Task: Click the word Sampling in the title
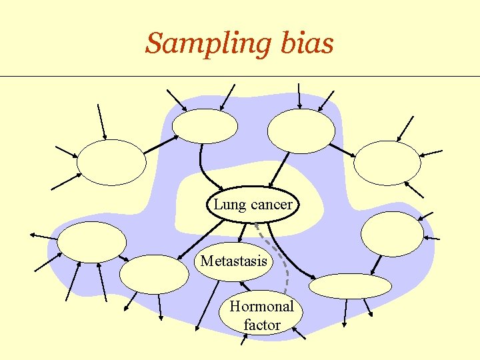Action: pos(209,44)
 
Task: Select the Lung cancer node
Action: pos(253,204)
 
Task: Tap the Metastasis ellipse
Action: pos(233,261)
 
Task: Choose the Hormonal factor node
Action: pos(261,312)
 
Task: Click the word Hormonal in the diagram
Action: pos(261,306)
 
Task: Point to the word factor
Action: pos(262,325)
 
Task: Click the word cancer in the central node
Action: pos(271,205)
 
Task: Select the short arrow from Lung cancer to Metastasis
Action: pos(242,233)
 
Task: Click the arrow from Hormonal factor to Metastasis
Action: pos(245,286)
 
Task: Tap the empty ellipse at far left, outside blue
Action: pos(111,162)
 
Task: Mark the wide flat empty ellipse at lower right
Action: pos(350,286)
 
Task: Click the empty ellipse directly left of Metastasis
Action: pos(154,274)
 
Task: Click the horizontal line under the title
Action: pos(240,76)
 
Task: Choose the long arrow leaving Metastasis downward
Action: pos(207,306)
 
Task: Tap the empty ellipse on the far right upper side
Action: pos(387,163)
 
